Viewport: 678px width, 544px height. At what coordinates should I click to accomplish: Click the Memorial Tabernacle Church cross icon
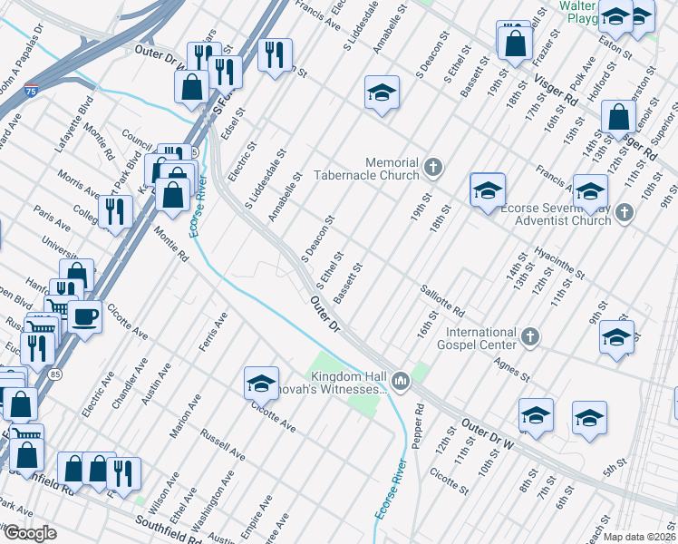point(434,167)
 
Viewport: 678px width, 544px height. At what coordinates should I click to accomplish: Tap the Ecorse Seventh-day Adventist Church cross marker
point(623,213)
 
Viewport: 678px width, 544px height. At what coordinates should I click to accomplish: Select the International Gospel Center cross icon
point(531,338)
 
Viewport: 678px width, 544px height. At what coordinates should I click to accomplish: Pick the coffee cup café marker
point(85,316)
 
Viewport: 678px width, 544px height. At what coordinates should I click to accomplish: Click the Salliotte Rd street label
point(441,298)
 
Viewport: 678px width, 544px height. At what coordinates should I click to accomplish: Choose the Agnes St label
point(512,368)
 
